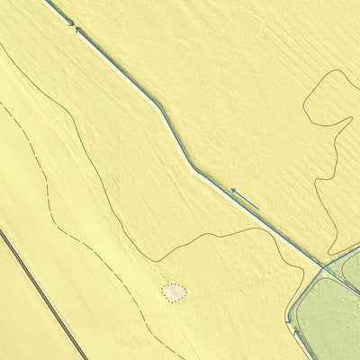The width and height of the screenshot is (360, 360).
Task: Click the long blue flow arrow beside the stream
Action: click(244, 199)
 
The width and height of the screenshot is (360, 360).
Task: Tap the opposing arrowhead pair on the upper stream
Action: click(74, 26)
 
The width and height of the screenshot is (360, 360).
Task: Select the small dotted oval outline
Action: click(174, 292)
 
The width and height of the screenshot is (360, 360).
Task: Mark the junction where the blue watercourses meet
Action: click(322, 267)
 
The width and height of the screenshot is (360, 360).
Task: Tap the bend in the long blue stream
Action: click(193, 168)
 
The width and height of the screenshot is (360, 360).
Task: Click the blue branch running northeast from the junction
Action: click(342, 255)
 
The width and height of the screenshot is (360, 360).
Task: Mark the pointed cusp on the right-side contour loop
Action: click(316, 179)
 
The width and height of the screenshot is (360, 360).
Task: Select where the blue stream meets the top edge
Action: click(47, 1)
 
